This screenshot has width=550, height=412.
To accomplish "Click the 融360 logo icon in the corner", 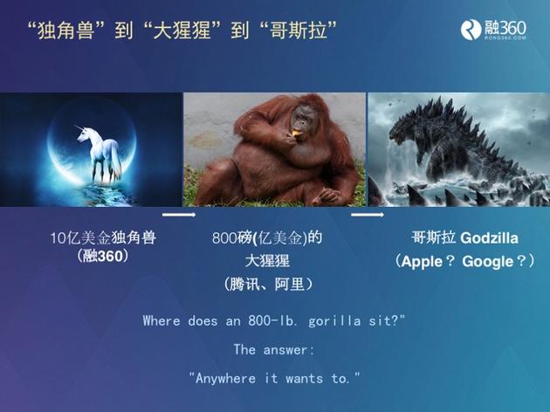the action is [x=471, y=30].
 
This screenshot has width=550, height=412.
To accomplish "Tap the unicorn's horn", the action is [x=79, y=127].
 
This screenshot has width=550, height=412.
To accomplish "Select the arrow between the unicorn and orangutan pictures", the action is [x=179, y=215].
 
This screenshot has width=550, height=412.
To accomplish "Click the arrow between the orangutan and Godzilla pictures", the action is [x=368, y=215].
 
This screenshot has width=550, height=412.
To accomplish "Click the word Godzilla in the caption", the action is [x=489, y=238].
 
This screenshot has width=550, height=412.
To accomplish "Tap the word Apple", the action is [x=422, y=262].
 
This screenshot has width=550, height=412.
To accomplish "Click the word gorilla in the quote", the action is [x=334, y=321].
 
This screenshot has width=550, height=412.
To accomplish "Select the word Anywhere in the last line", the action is [x=225, y=378].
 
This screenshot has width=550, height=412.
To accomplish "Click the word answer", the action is [x=285, y=349].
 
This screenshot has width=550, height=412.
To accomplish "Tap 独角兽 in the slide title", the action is [x=66, y=31].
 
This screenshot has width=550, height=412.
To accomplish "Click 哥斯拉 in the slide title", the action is [x=298, y=31].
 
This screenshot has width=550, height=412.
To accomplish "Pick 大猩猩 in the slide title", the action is [x=182, y=31].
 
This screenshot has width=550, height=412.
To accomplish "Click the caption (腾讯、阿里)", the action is [x=268, y=284].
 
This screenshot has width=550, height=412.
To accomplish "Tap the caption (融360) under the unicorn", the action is [x=102, y=256].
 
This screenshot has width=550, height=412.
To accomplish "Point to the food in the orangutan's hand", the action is [x=296, y=133].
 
